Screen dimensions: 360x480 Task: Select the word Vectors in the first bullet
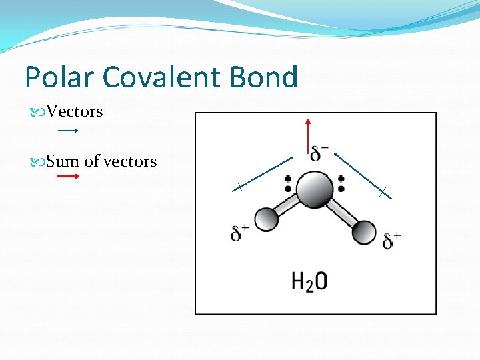(x=75, y=111)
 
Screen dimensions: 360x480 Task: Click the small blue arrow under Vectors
(x=69, y=131)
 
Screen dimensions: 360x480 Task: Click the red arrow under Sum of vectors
(x=68, y=177)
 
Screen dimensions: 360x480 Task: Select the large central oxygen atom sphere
(x=315, y=189)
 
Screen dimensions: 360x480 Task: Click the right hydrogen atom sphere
(x=364, y=232)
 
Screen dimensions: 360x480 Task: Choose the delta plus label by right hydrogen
(x=392, y=240)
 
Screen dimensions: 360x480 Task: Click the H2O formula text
(x=309, y=281)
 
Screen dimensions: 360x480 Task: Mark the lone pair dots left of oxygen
(x=288, y=184)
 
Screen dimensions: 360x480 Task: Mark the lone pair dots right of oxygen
(x=341, y=184)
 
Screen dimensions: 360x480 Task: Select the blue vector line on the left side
(x=263, y=173)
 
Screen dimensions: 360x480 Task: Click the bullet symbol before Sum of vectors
(x=39, y=161)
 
